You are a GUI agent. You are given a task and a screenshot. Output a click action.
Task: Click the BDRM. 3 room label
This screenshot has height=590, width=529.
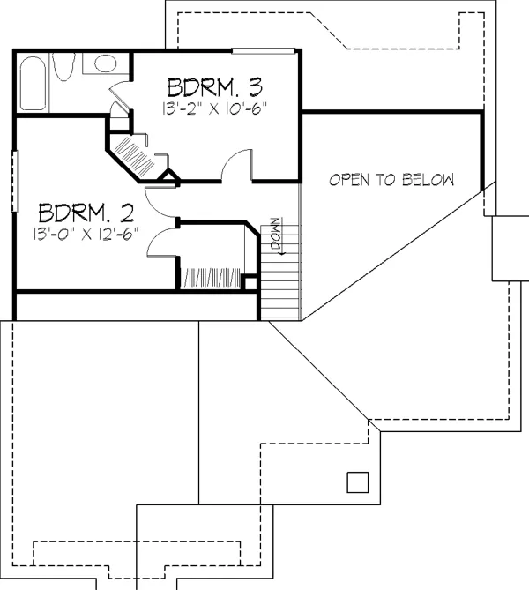click(x=215, y=87)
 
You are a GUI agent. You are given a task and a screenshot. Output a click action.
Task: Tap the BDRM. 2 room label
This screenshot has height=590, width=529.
click(x=86, y=213)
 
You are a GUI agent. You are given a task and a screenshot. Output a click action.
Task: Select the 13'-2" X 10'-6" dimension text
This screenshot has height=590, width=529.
click(x=214, y=108)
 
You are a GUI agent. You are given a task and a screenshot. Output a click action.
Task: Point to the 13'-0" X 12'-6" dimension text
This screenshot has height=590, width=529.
click(x=86, y=234)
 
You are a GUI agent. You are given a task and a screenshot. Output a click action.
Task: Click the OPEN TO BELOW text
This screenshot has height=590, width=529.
click(x=391, y=180)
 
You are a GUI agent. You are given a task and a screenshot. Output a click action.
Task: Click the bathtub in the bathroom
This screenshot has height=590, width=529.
click(x=34, y=84)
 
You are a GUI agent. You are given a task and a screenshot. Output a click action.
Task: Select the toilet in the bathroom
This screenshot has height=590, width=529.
click(x=63, y=67)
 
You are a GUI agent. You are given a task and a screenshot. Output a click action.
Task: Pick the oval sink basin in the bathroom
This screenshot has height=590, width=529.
click(x=105, y=63)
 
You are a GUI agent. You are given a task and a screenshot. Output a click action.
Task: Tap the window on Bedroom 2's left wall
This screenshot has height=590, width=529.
click(x=15, y=181)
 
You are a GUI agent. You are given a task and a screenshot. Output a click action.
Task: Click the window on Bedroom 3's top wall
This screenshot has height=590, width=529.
click(x=263, y=51)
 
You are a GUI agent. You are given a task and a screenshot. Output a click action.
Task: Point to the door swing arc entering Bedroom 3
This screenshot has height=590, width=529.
click(x=236, y=165)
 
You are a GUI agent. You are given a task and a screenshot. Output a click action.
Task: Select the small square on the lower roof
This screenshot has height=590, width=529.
click(x=357, y=482)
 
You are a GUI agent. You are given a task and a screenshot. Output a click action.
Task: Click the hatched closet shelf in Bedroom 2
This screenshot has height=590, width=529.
click(x=211, y=278)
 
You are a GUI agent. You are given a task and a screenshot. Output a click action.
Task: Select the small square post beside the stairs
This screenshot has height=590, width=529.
click(x=250, y=283)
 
